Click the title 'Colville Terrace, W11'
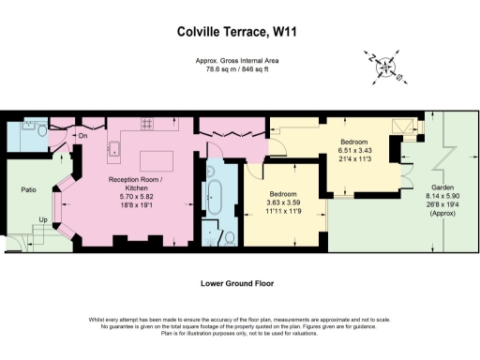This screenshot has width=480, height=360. (x=239, y=31)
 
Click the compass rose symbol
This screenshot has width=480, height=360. (x=385, y=67)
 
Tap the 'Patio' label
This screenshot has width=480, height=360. (x=28, y=189)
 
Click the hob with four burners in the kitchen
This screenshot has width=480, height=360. (x=148, y=122)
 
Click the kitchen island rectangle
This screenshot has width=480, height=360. (x=155, y=159)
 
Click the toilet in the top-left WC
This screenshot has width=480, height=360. (x=40, y=129)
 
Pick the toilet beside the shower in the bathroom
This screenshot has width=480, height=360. (x=230, y=239)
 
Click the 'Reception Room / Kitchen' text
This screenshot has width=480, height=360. (x=134, y=184)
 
